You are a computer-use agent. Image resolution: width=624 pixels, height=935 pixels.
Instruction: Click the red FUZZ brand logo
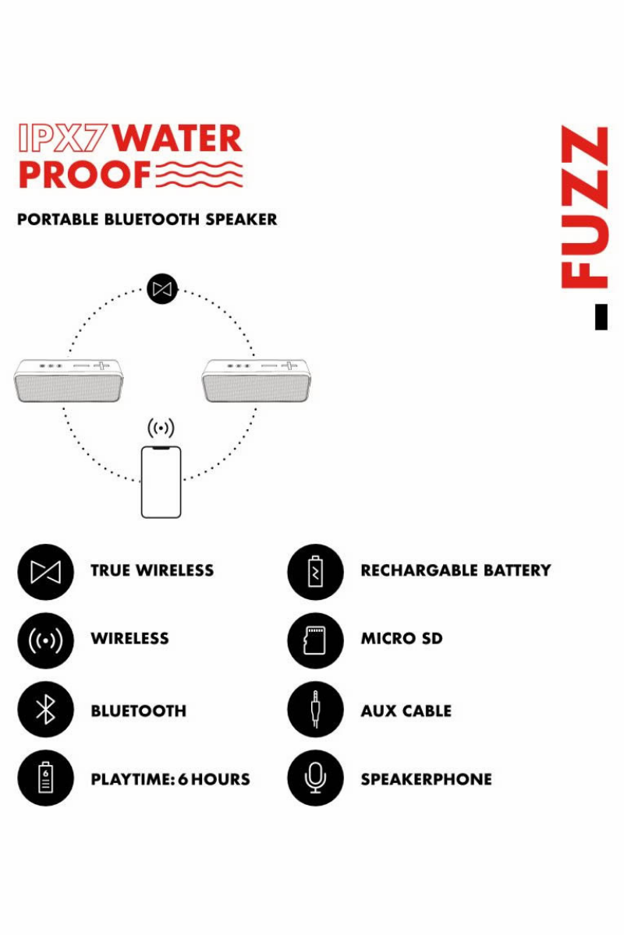(x=585, y=209)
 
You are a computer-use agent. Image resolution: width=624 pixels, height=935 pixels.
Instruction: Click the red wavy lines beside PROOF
(x=199, y=175)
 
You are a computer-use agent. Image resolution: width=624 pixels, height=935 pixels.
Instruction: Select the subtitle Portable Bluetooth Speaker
(x=147, y=220)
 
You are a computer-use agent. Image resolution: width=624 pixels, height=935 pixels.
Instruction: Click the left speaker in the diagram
(x=69, y=380)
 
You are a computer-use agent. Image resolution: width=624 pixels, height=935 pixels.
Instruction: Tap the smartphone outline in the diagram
(x=161, y=482)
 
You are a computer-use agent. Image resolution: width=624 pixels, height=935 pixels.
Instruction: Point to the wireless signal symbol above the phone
(x=161, y=428)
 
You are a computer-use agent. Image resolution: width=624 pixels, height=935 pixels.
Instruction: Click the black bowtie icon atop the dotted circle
(x=162, y=289)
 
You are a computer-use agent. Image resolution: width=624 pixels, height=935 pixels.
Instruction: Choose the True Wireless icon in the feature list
(x=45, y=571)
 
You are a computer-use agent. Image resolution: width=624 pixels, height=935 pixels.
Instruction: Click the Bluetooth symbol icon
(x=45, y=710)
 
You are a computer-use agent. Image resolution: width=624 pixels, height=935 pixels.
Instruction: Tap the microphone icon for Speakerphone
(x=315, y=778)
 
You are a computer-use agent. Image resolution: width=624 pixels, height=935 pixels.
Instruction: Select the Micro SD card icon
(x=315, y=640)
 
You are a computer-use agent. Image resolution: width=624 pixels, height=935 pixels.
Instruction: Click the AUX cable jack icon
(x=315, y=710)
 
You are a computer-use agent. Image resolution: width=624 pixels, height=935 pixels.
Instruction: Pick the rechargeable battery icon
(x=315, y=571)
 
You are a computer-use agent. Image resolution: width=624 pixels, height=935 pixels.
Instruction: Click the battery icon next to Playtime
(x=45, y=778)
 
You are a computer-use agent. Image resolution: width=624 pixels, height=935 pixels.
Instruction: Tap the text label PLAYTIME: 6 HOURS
(x=170, y=779)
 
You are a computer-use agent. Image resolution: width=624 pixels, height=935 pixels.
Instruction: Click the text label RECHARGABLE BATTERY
(x=456, y=570)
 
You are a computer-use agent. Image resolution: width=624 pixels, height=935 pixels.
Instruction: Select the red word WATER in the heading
(x=178, y=139)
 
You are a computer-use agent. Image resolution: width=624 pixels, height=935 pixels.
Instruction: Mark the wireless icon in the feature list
(x=45, y=640)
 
